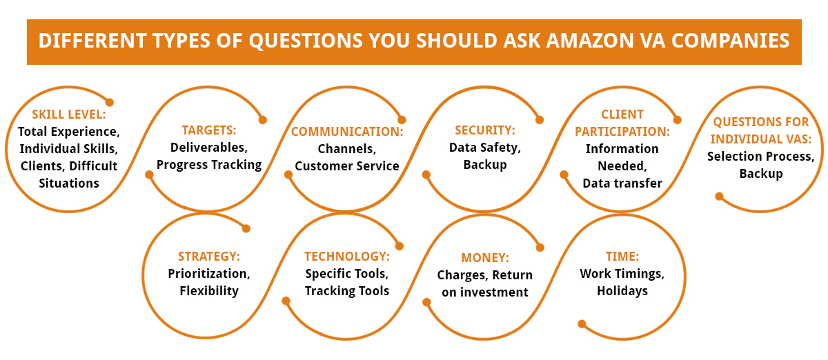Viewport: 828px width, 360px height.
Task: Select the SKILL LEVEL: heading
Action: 68,114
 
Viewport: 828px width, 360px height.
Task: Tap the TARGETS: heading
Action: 208,130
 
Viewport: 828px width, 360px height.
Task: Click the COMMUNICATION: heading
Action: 347,131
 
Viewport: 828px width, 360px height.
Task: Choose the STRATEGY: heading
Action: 208,257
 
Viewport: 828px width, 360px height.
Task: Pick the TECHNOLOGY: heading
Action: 347,257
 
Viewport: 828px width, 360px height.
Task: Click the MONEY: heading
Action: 485,258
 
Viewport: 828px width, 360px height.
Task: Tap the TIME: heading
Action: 622,257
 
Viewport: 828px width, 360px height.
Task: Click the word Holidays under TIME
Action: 622,291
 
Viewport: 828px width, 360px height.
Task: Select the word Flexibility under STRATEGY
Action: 208,290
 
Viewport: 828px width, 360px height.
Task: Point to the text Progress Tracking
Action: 208,165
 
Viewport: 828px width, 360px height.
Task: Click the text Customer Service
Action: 347,166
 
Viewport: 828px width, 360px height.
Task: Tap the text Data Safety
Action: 485,147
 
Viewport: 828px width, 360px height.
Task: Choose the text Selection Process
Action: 760,157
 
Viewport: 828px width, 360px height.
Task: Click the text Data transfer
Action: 622,183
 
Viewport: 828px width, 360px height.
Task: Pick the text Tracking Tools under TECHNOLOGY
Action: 347,291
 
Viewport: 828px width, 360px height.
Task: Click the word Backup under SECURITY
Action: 485,165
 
